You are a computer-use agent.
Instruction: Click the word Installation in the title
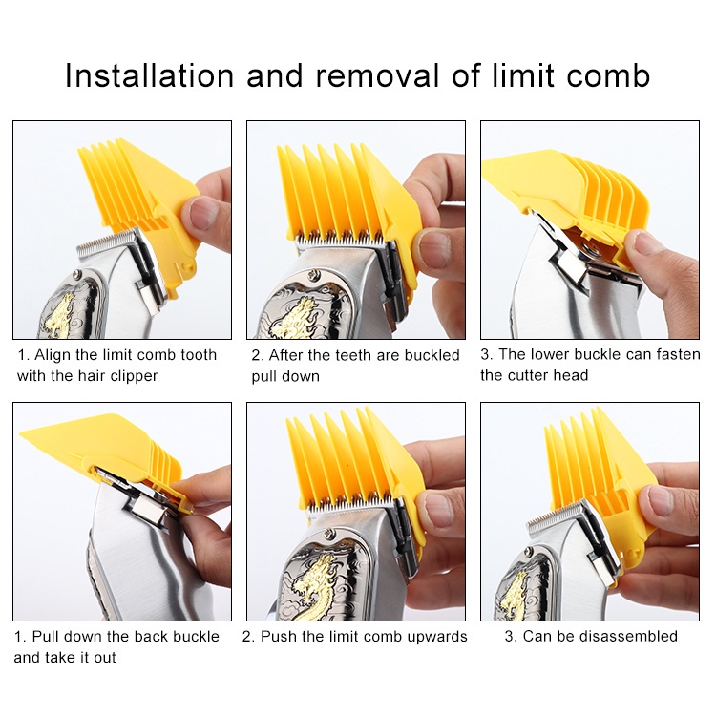point(149,75)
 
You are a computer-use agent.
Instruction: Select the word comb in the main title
point(608,75)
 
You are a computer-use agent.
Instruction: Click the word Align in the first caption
point(52,355)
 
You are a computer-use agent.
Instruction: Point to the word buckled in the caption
point(432,355)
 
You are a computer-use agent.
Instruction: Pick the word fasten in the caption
point(678,354)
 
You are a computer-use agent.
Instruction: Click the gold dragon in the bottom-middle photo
point(312,586)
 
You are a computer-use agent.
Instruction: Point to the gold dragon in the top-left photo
point(57,314)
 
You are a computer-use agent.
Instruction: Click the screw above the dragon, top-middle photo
point(312,275)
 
